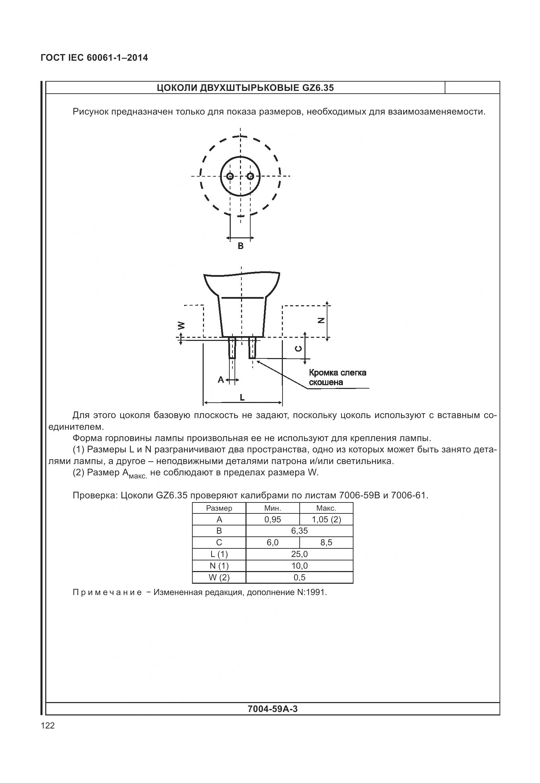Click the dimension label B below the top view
coord(241,246)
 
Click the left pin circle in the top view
coord(230,176)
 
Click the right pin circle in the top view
coord(251,176)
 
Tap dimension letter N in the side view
coord(321,320)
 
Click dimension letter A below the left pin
coord(221,380)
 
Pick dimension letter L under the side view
coord(242,398)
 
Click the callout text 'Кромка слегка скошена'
coord(337,377)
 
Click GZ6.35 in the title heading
coord(318,88)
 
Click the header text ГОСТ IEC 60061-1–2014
coord(94,58)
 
